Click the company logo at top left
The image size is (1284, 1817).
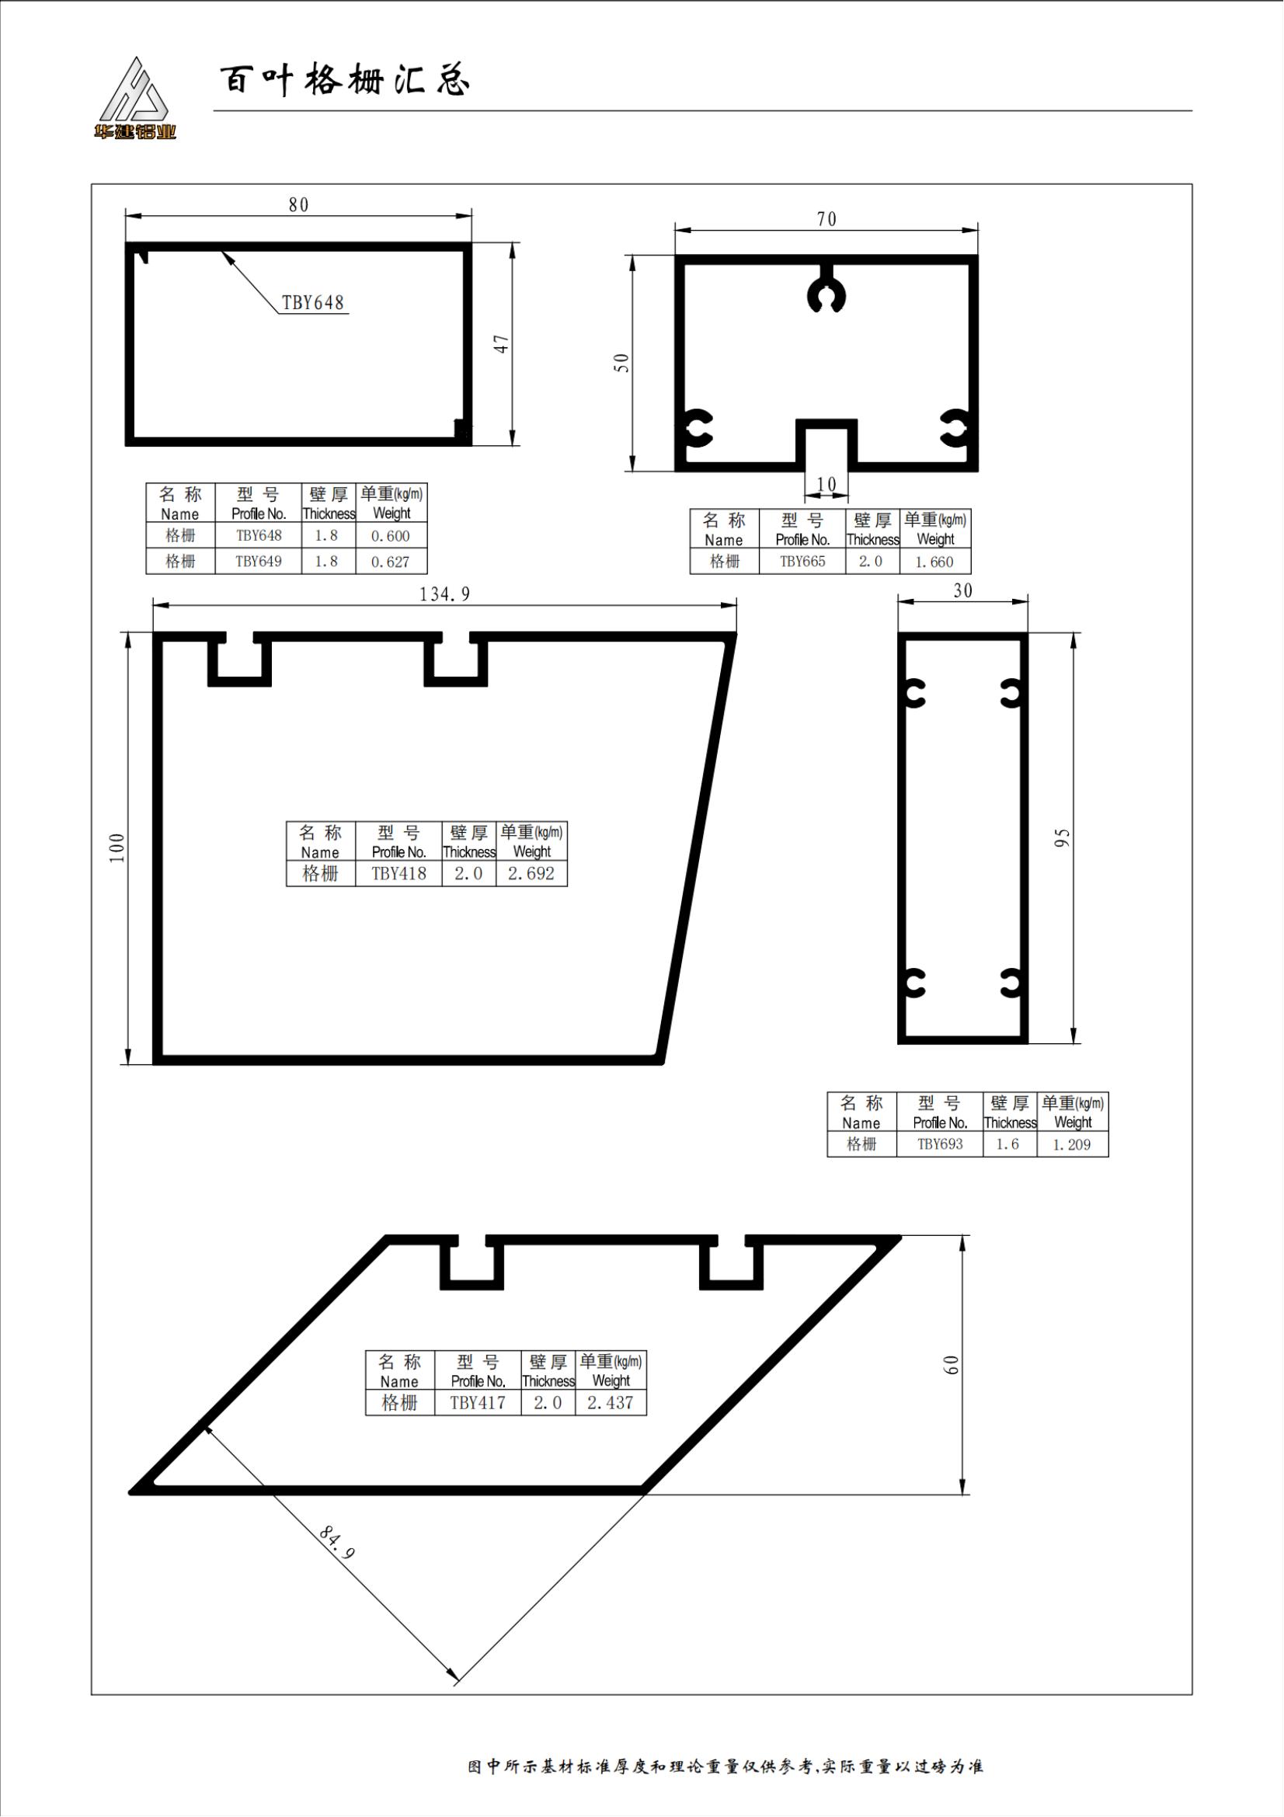[x=134, y=98]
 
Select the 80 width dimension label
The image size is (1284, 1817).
[x=298, y=205]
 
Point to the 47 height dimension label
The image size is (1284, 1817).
[x=501, y=344]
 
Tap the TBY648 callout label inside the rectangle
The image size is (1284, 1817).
[x=313, y=302]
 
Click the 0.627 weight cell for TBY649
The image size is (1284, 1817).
[x=391, y=562]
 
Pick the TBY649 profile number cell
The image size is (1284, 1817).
[x=259, y=561]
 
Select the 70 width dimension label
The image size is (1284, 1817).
[x=826, y=219]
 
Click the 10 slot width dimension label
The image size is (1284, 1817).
[x=826, y=484]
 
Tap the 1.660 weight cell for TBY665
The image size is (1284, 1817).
[x=935, y=562]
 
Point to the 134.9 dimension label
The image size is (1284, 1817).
[x=444, y=594]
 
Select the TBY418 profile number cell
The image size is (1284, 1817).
[x=398, y=874]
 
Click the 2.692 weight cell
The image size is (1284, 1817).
[x=531, y=874]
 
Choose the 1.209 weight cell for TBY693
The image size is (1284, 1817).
[x=1072, y=1144]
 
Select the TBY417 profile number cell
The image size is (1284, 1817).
[x=478, y=1403]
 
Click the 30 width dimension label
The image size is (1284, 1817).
[x=962, y=591]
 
